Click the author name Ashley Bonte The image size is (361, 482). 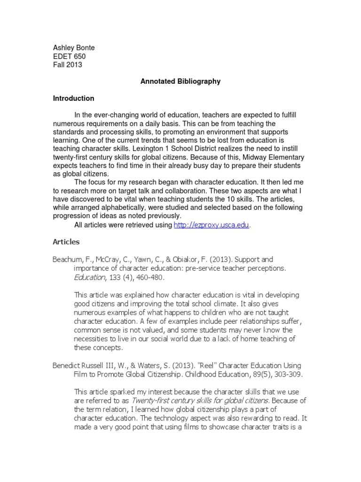point(73,48)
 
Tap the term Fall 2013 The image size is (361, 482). point(67,65)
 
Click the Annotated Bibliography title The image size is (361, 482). point(180,81)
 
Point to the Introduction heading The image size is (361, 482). point(73,98)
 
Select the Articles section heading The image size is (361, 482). point(66,242)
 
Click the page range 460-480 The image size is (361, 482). point(144,277)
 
